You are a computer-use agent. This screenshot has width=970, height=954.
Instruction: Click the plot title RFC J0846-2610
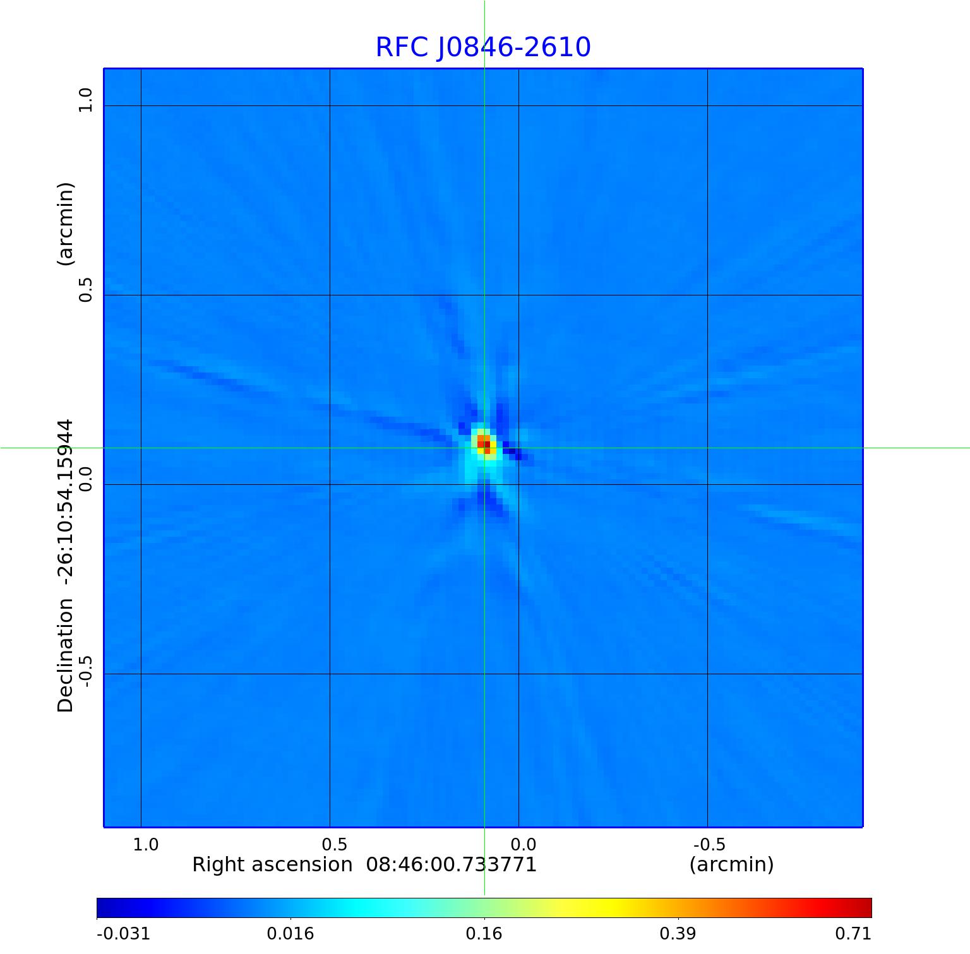click(x=483, y=47)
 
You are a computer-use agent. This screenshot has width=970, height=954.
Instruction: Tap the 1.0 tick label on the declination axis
click(x=85, y=100)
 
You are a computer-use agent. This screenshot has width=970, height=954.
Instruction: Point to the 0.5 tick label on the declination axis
click(x=85, y=290)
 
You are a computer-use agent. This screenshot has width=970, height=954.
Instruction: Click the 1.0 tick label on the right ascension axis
click(x=146, y=844)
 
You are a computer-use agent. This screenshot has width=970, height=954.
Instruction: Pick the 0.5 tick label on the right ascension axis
click(x=335, y=844)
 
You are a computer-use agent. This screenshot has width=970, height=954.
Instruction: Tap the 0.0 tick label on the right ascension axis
click(x=524, y=844)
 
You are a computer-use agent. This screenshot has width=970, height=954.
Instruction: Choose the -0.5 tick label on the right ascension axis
click(x=709, y=844)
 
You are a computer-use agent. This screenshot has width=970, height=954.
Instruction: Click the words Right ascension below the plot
click(x=272, y=864)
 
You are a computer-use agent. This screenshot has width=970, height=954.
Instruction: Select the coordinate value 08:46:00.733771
click(x=452, y=864)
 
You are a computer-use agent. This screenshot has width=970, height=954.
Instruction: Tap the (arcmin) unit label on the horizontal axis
click(x=731, y=864)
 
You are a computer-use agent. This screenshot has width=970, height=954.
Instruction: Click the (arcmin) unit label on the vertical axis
click(x=66, y=224)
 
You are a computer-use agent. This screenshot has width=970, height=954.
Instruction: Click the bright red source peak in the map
click(x=484, y=442)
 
